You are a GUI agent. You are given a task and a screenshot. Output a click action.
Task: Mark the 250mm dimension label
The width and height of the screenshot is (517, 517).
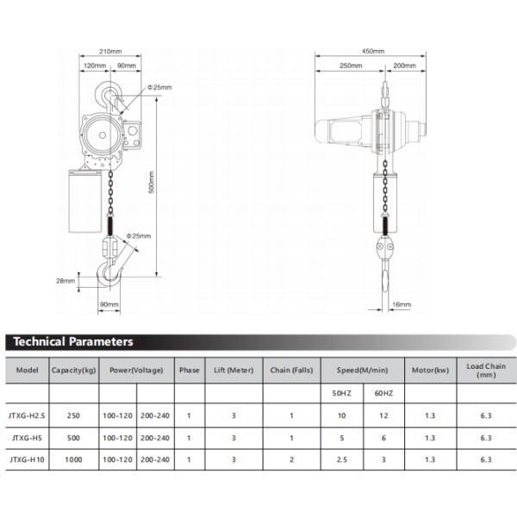(x=351, y=65)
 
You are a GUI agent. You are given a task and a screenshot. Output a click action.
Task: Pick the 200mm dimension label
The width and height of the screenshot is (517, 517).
(x=404, y=65)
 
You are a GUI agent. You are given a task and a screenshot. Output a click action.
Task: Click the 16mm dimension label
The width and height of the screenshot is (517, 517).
(x=402, y=304)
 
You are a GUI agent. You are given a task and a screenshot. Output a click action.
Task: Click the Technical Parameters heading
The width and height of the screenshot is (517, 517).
(x=73, y=342)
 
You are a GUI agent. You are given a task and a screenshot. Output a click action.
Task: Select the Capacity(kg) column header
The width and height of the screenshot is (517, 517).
(x=75, y=371)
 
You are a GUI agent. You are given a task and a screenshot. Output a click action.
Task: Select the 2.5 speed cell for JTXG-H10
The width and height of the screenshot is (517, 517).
(x=343, y=460)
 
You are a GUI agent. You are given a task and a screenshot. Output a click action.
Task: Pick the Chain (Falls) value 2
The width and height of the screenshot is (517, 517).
(x=291, y=460)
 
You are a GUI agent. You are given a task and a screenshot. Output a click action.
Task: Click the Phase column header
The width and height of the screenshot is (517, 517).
(x=189, y=371)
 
